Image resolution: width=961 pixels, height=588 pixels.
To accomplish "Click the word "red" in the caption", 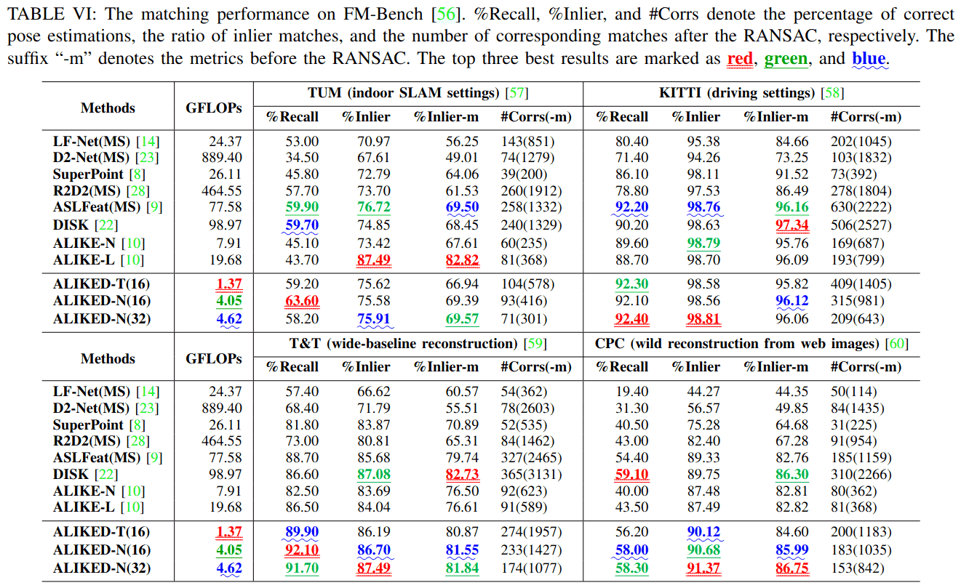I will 740,58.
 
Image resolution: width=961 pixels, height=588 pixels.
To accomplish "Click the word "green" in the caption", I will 786,58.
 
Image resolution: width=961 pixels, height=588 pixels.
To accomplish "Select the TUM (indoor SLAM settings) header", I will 418,93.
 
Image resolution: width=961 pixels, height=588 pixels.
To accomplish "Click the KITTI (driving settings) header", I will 751,93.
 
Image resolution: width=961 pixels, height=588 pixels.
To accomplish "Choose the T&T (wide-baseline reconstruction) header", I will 418,344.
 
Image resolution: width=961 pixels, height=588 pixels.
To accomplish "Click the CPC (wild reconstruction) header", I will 751,344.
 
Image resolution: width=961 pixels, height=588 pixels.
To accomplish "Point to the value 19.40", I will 632,392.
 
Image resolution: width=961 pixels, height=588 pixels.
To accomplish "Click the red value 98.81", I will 703,318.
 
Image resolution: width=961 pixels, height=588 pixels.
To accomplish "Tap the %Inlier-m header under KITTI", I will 775,117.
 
